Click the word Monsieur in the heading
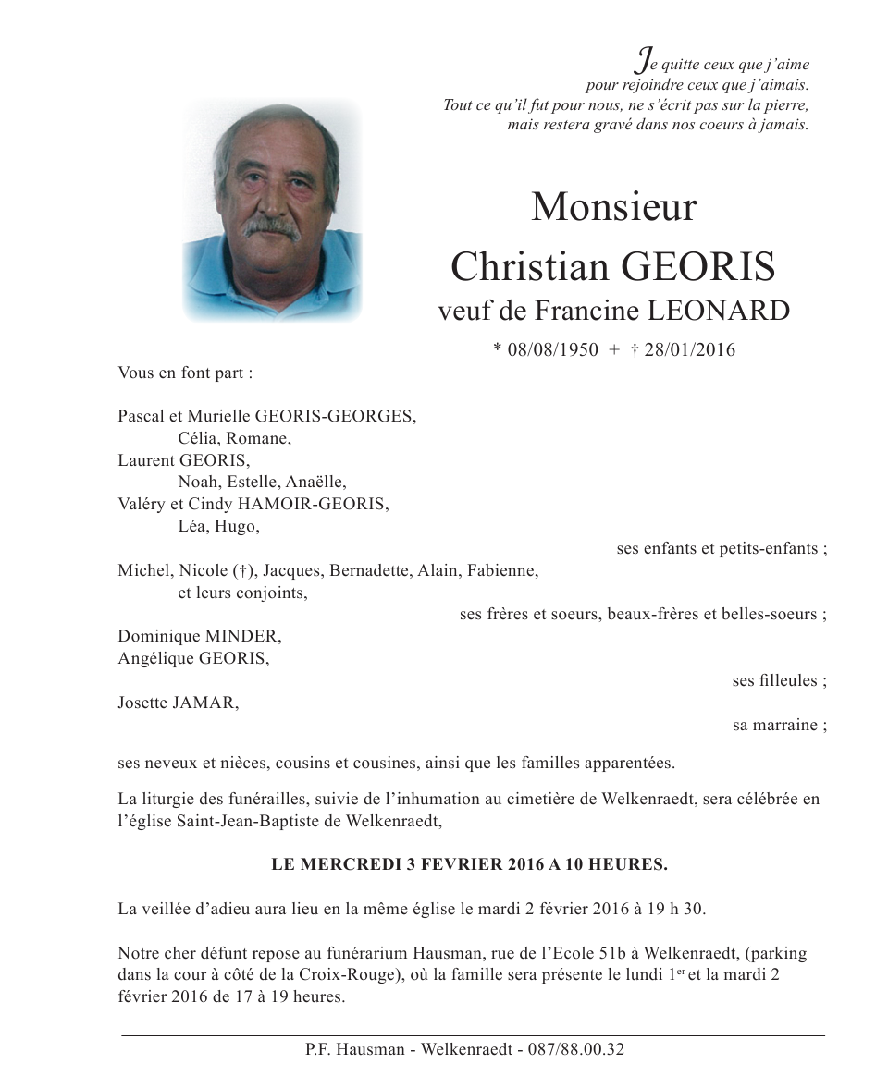pos(613,207)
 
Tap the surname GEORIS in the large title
pos(698,268)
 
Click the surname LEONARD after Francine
pos(718,311)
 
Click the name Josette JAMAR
pos(178,703)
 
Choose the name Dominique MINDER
pos(199,637)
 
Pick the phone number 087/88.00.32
pos(574,1050)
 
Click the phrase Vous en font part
pos(185,373)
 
